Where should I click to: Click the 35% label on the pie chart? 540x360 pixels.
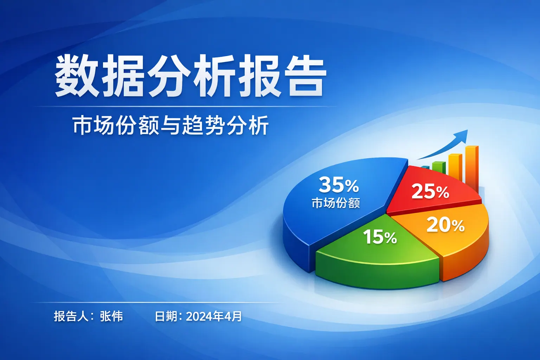pyautogui.click(x=339, y=185)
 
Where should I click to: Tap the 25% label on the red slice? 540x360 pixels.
pyautogui.click(x=430, y=192)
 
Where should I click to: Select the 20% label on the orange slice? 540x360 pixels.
pyautogui.click(x=445, y=225)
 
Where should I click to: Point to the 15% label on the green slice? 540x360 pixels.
pyautogui.click(x=380, y=237)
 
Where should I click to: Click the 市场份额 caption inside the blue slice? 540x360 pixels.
pyautogui.click(x=336, y=203)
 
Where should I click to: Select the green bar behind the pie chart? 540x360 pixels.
pyautogui.click(x=438, y=167)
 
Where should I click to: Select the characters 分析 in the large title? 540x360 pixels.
pyautogui.click(x=191, y=76)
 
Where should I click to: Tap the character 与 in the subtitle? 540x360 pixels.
pyautogui.click(x=171, y=126)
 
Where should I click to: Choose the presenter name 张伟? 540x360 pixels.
pyautogui.click(x=111, y=316)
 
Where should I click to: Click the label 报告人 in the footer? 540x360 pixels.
pyautogui.click(x=71, y=316)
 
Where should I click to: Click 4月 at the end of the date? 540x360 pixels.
pyautogui.click(x=233, y=316)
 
